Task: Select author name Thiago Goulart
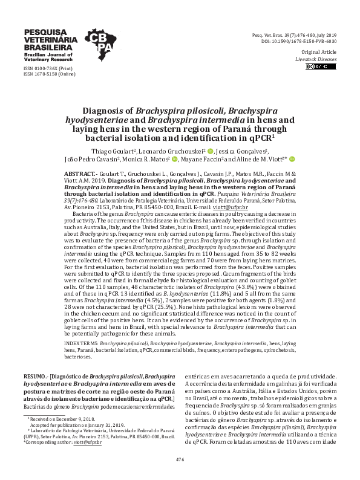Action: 105,151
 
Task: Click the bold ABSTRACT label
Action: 82,173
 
